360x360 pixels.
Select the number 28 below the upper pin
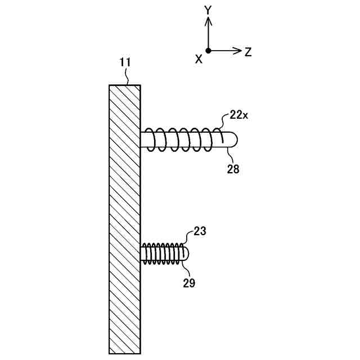point(233,168)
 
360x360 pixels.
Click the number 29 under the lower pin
point(189,283)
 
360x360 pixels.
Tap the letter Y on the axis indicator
point(208,9)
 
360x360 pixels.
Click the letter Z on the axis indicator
point(248,52)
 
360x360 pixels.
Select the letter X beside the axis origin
point(198,59)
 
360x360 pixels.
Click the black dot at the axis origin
point(208,51)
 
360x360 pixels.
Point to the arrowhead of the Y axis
point(208,21)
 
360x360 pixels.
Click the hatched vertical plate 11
point(125,219)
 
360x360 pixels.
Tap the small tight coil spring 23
point(163,254)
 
